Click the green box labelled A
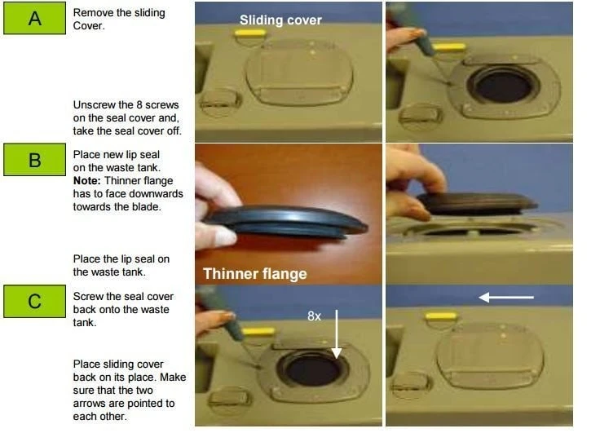[x=34, y=18]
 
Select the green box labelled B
[x=34, y=159]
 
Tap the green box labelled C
[x=34, y=301]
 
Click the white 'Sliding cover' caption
[x=280, y=20]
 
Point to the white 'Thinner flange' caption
[x=255, y=274]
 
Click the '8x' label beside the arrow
[x=314, y=316]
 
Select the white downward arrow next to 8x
[x=337, y=334]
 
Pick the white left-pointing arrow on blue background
[x=506, y=297]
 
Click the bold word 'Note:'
[x=87, y=181]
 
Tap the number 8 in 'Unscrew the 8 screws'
[x=138, y=105]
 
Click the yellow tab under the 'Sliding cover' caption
[x=250, y=33]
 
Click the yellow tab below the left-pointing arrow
[x=441, y=316]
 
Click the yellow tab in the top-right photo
[x=448, y=47]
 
